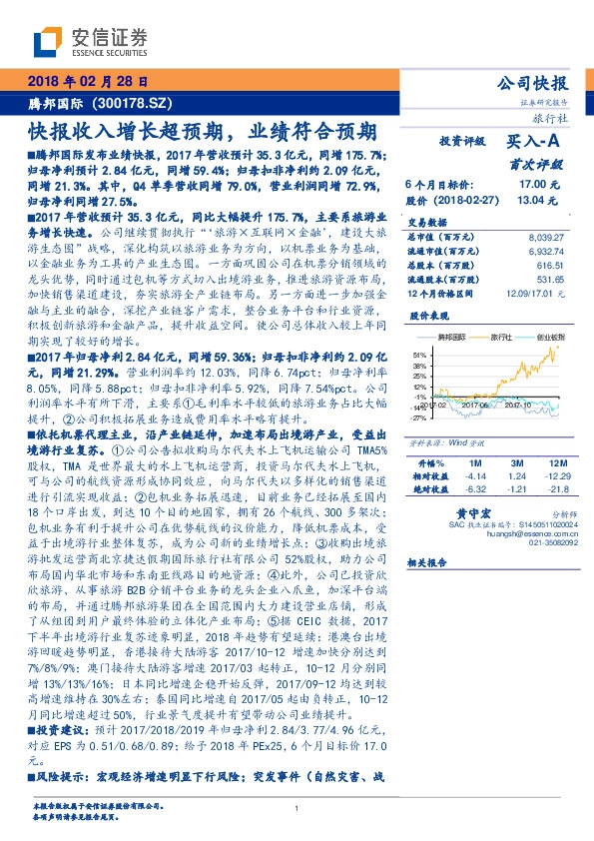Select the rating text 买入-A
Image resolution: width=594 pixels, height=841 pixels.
click(x=535, y=143)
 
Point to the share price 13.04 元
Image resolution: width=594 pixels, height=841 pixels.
click(x=535, y=200)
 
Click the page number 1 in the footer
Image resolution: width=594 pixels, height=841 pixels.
click(x=297, y=809)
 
